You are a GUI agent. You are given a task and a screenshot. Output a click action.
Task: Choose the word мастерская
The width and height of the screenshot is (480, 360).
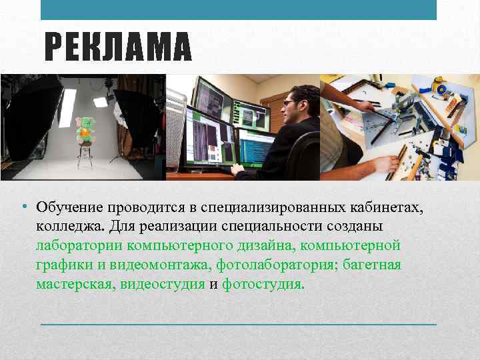pos(75,285)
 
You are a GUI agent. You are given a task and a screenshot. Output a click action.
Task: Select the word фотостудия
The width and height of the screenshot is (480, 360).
pos(262,285)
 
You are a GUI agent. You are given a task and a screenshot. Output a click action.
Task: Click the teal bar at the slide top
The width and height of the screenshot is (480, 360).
pos(239,9)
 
